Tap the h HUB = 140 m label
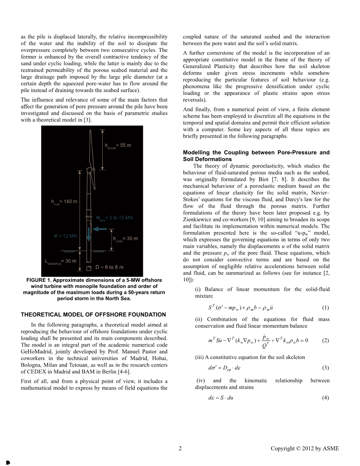point(64,202)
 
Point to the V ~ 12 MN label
point(65,236)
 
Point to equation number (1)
point(325,308)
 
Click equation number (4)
point(325,398)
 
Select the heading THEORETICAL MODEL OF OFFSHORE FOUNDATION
point(93,315)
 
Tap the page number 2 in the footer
point(180,449)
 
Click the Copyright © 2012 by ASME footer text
point(305,449)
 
